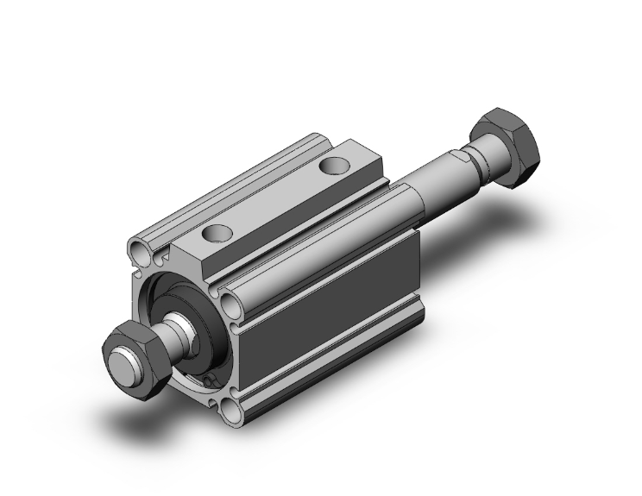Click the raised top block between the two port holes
click(x=276, y=198)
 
